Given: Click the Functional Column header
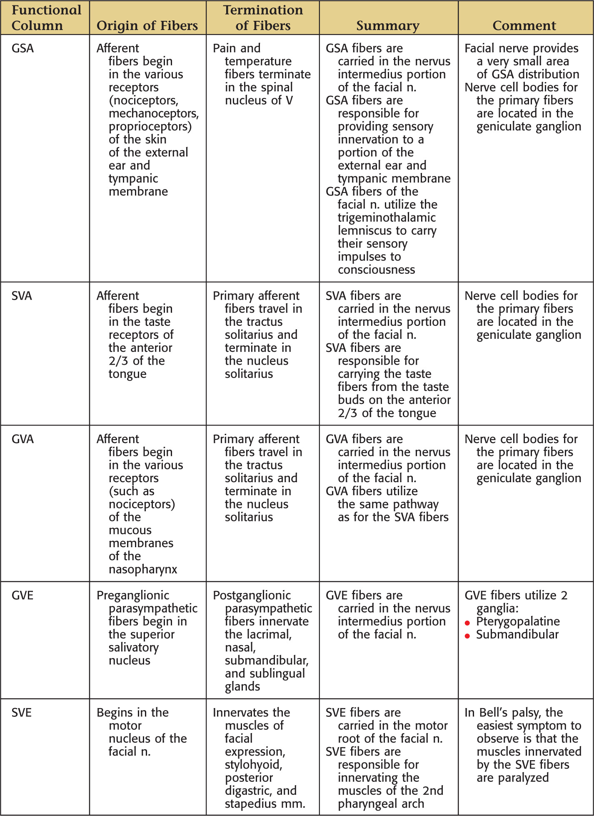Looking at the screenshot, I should tap(46, 18).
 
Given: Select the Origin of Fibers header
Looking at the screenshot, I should tap(147, 25).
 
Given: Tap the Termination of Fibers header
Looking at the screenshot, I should tap(263, 18).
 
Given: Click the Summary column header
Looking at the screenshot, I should tap(387, 25).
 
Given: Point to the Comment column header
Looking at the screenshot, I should tap(524, 25).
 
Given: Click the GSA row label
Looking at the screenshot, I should tap(22, 48).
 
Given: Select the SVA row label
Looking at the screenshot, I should tap(22, 296).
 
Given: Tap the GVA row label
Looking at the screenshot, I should tap(22, 439).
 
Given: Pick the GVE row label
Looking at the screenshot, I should tap(22, 596).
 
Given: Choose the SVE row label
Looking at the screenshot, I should tap(22, 713).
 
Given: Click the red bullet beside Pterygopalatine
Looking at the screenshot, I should tap(467, 623).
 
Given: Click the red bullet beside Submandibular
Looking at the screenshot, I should tap(467, 636).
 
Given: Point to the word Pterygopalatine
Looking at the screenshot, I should tap(518, 621).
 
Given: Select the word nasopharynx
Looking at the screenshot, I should tap(143, 569).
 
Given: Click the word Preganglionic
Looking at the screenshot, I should tap(133, 596).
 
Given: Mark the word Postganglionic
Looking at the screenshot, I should tap(252, 596).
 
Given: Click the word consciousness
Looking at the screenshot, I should tap(376, 270).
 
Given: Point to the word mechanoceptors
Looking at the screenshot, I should tap(154, 113).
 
